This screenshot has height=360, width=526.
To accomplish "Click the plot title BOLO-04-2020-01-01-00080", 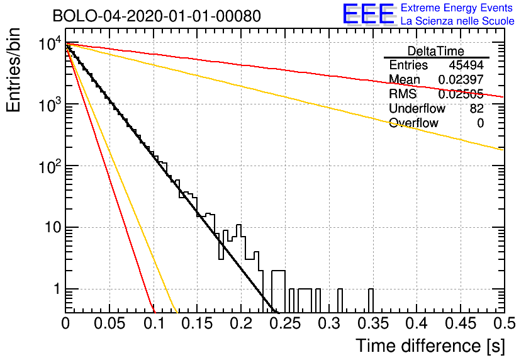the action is pos(157,16).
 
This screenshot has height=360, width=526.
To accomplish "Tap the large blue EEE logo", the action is pos(369,14).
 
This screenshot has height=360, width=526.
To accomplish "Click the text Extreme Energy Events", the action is pos(457,8).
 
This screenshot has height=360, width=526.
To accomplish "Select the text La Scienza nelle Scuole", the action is pos(457,21).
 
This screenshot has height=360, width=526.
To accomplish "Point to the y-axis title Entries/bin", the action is pos(13,70).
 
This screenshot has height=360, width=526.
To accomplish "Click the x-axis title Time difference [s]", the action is pos(430,346).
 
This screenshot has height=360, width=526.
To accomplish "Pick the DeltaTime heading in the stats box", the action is pos(436,51).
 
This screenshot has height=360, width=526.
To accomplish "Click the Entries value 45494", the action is pos(466,65).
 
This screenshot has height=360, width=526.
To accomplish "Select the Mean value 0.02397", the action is pos(461,79).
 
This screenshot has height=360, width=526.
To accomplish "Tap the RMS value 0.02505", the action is pos(461,94).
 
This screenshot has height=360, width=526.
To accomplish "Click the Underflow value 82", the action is pos(477,108).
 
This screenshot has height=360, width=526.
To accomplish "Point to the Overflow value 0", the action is pos(480,123).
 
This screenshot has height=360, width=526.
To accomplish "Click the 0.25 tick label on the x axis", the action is pos(285,323).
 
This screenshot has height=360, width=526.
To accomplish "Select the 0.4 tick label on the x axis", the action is pos(417,323).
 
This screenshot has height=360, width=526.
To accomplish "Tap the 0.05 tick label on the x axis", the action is pos(109,323).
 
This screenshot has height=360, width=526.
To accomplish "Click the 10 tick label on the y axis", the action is pos(53,227).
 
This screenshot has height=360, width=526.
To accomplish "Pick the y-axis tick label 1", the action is pos(57,289).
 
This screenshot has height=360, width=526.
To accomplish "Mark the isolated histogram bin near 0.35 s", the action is pos(371,301).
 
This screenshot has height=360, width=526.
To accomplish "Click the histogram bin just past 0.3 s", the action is pos(340,301).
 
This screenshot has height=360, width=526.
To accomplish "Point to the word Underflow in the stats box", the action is pos(417,108).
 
